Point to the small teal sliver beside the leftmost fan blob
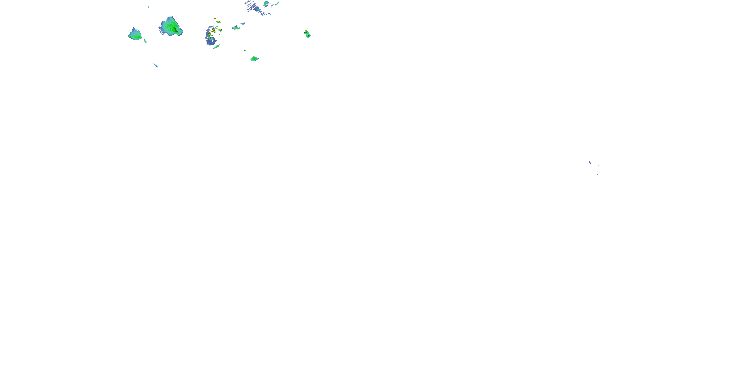145,41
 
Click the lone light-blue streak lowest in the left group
156,65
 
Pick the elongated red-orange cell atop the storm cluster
218,22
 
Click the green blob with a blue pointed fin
236,28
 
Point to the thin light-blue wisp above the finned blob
243,23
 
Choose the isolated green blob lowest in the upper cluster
254,59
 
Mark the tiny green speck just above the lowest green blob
245,50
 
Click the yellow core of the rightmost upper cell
306,31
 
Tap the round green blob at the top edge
266,4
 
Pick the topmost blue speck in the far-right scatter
590,162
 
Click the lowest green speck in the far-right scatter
593,181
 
